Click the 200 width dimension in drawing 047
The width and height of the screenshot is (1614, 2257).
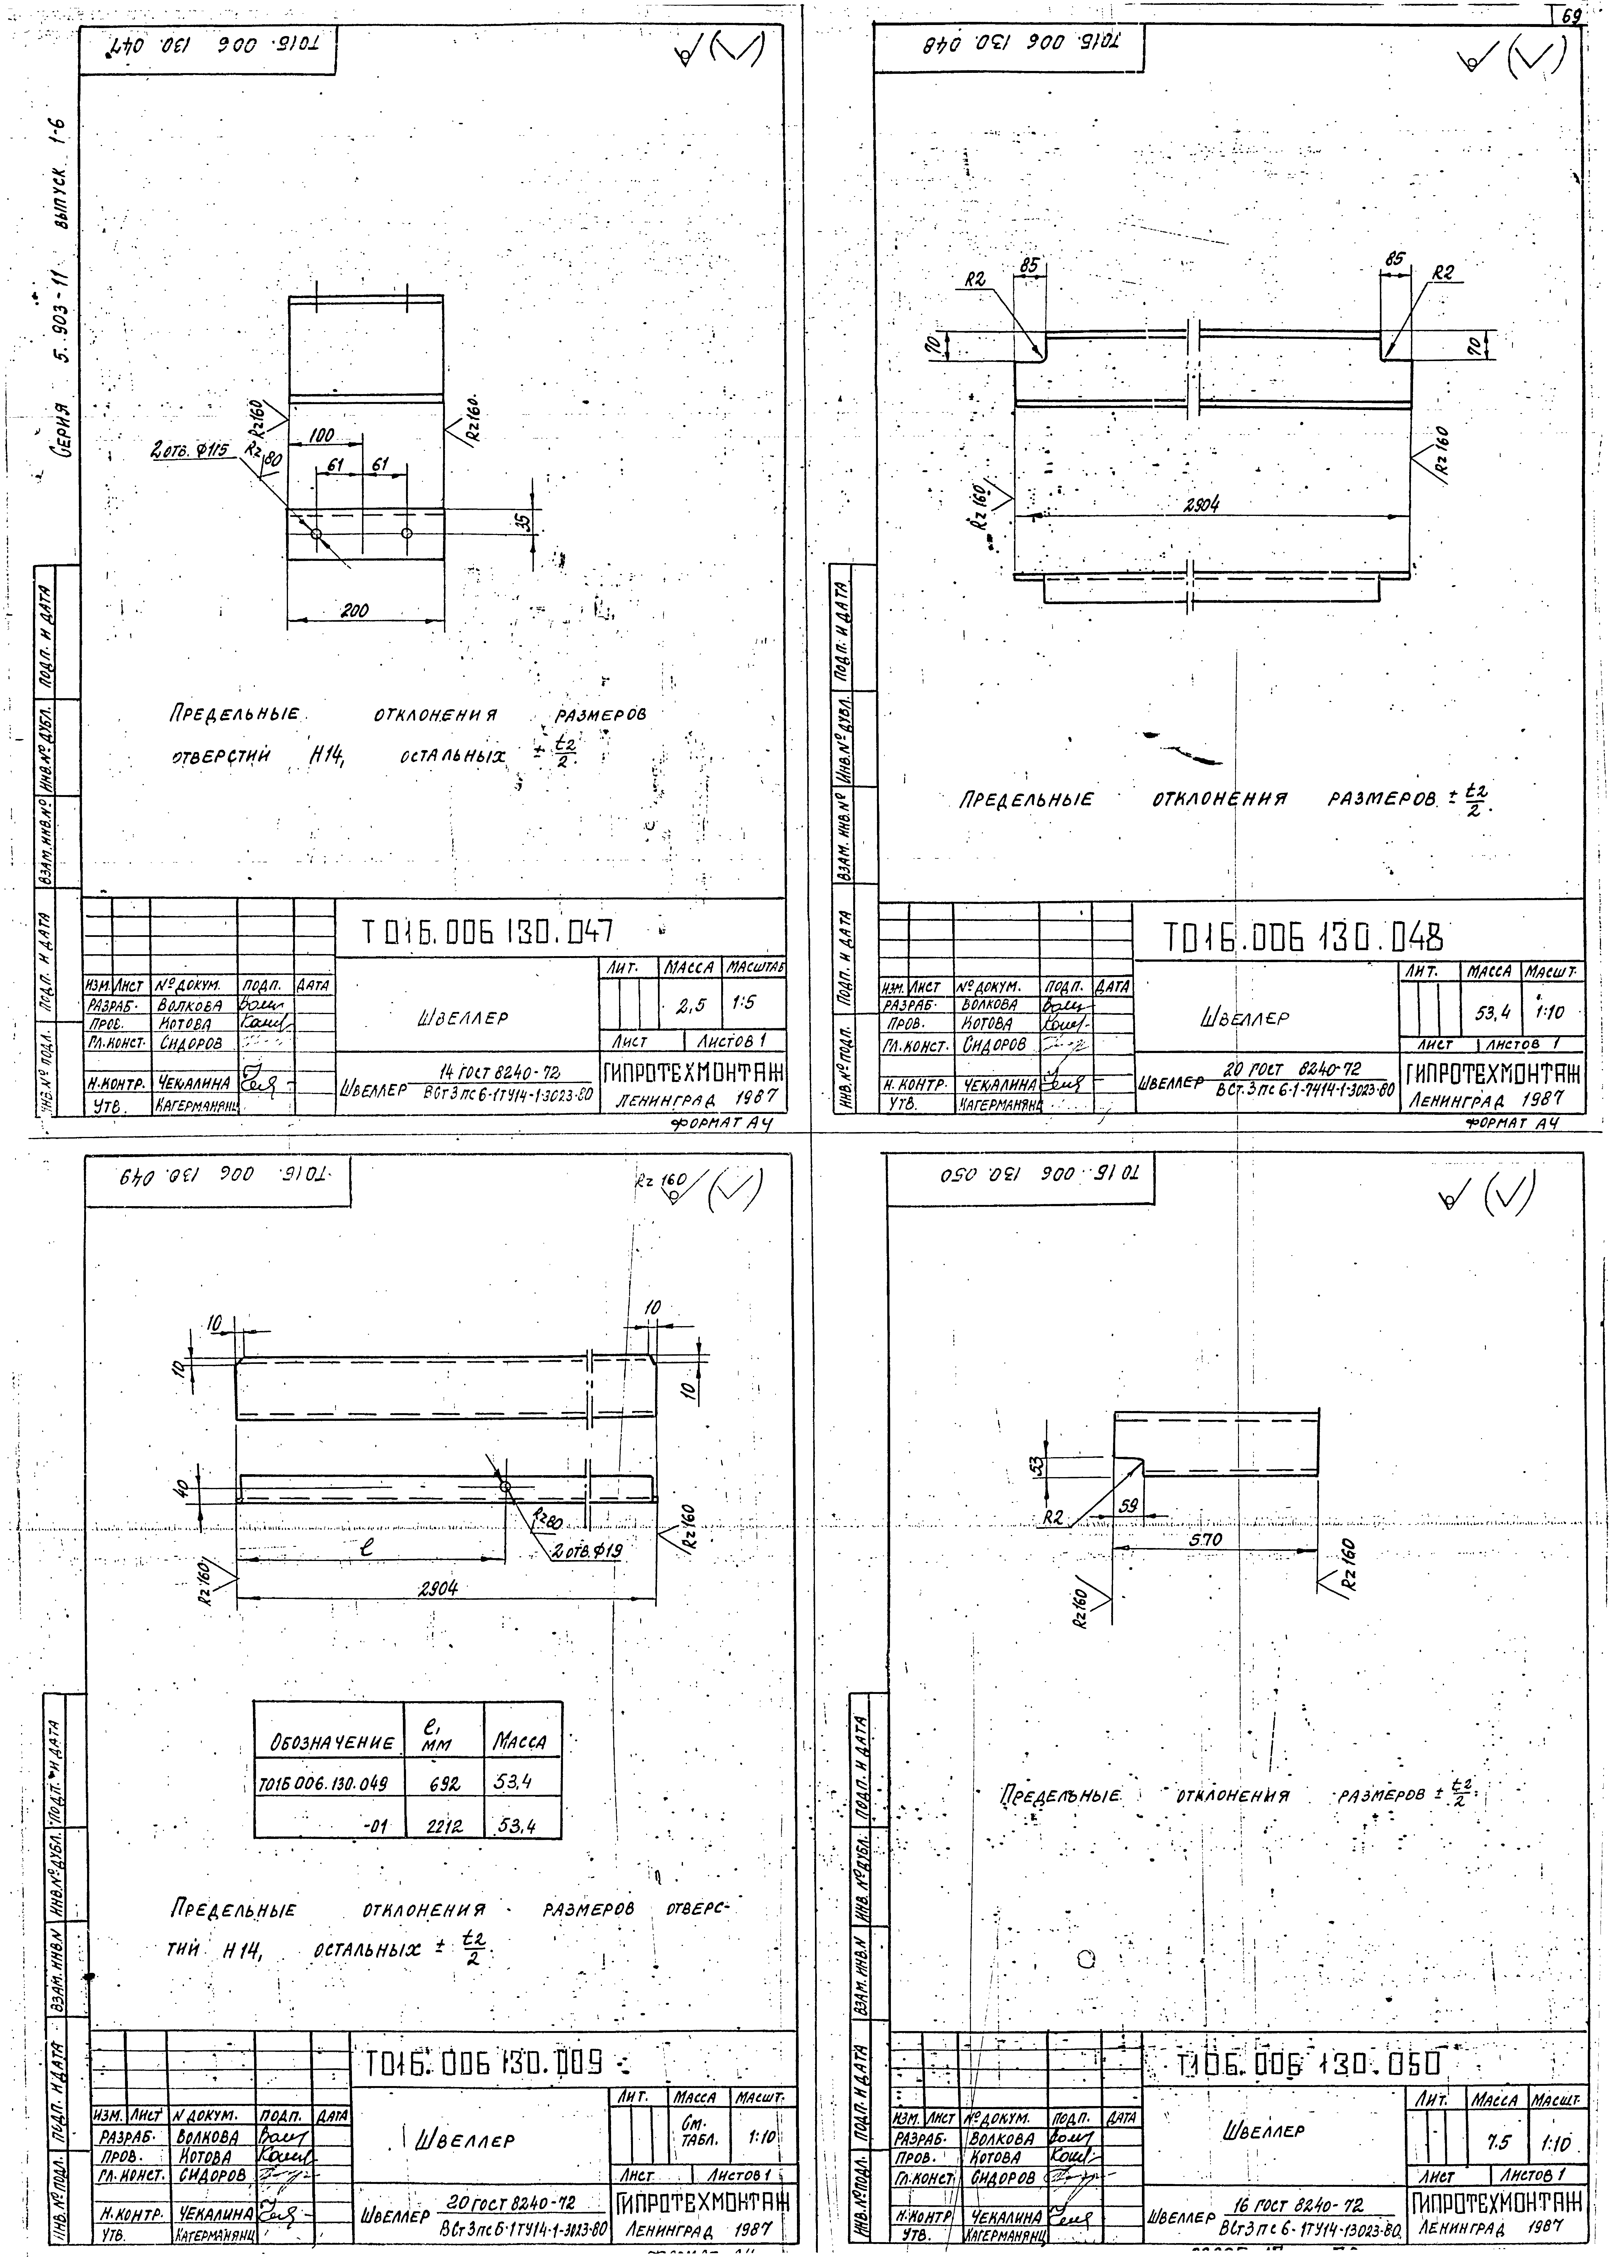(355, 611)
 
